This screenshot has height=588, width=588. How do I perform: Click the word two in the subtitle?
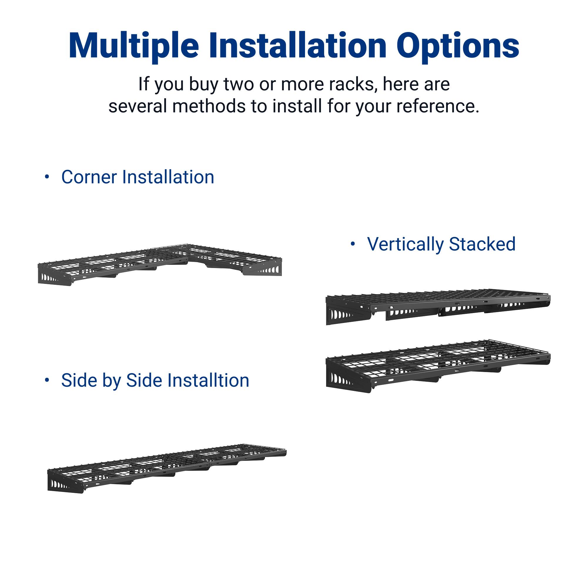pos(239,84)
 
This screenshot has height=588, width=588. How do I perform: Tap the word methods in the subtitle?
pos(209,106)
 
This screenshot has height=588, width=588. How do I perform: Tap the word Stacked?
pos(482,244)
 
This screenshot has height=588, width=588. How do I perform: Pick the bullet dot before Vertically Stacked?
pos(353,244)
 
